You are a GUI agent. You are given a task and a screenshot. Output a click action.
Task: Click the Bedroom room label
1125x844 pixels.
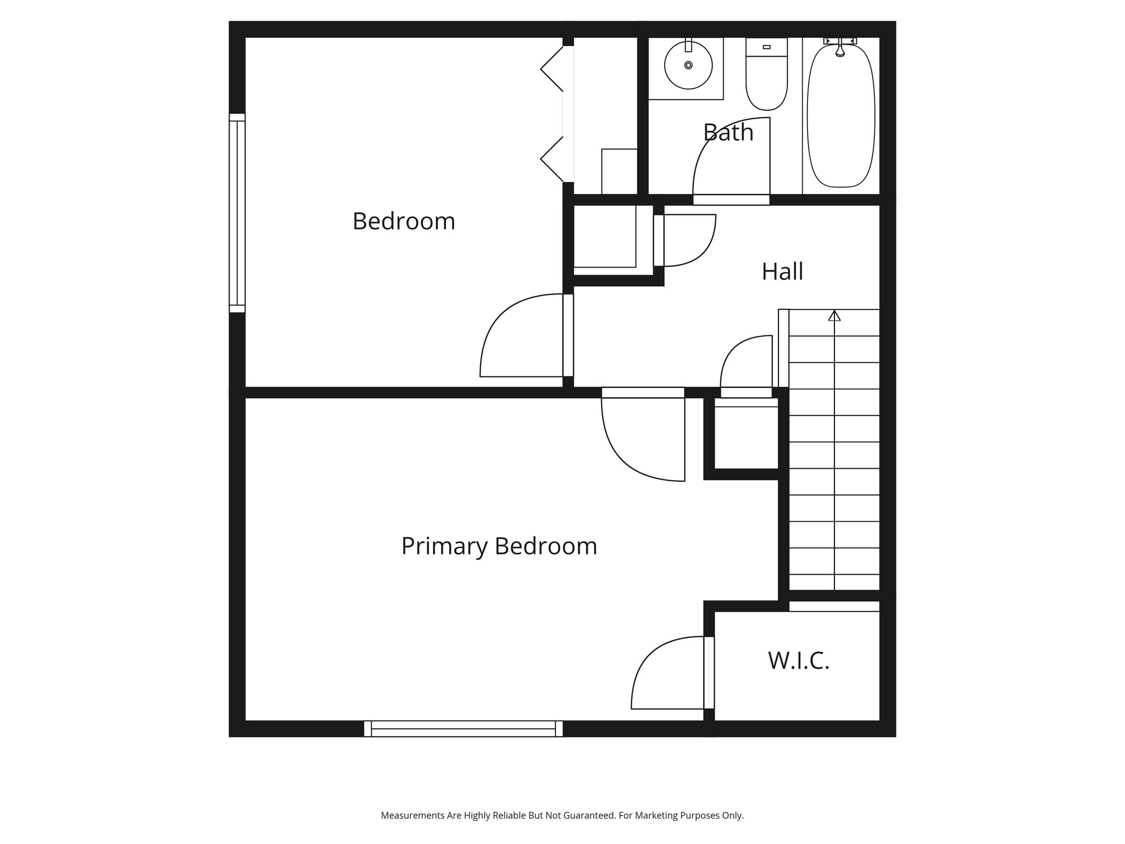tap(404, 221)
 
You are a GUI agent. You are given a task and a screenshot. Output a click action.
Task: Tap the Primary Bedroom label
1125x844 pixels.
tap(499, 546)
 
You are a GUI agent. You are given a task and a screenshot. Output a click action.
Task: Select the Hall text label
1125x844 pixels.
tap(782, 271)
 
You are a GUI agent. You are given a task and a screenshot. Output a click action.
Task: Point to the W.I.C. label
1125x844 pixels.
tap(798, 660)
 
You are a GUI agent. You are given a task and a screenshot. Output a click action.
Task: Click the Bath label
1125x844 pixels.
tap(728, 132)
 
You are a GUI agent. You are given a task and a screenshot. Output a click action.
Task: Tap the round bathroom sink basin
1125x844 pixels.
tap(688, 65)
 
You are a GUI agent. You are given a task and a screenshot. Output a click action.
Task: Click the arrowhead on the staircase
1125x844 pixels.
tap(834, 316)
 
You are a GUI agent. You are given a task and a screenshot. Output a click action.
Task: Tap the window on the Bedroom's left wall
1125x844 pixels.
tap(237, 213)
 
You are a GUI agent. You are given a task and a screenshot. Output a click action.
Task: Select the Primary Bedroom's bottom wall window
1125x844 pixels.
tap(463, 729)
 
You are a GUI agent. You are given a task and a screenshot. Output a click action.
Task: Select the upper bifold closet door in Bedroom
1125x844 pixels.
tap(553, 69)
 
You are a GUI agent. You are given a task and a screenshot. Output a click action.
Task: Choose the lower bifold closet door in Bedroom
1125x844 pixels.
tap(553, 159)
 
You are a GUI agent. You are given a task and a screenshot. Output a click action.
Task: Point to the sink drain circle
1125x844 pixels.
tap(688, 65)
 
